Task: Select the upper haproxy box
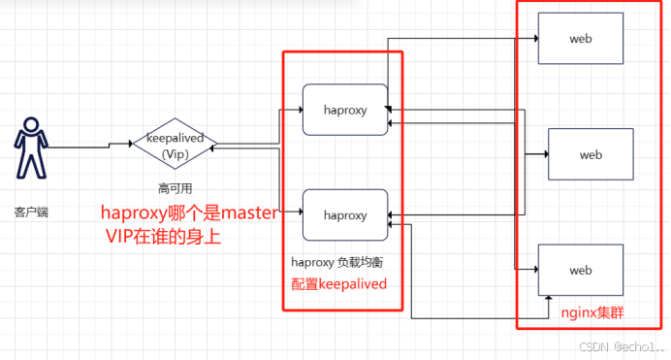tap(345, 111)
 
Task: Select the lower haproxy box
tap(345, 214)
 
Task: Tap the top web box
tap(580, 40)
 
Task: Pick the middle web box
tap(591, 154)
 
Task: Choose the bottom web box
tap(580, 270)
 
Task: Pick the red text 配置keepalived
tap(339, 283)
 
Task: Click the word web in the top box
tap(580, 40)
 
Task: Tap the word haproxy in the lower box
tap(345, 214)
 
